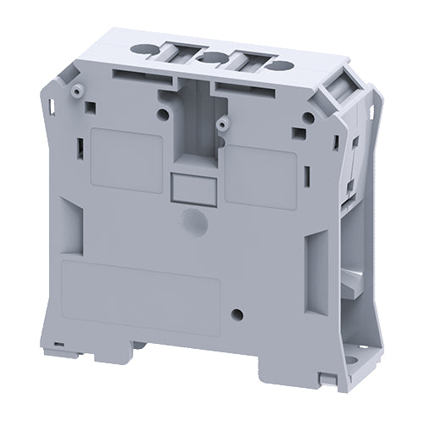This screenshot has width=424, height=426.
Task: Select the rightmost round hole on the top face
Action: tap(282, 65)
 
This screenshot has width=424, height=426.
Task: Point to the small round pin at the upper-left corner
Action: tap(77, 90)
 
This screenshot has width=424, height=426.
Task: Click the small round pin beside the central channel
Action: tap(223, 124)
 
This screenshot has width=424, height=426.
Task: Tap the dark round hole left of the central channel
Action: tap(161, 113)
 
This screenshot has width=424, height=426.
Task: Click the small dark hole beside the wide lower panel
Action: tap(237, 315)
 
